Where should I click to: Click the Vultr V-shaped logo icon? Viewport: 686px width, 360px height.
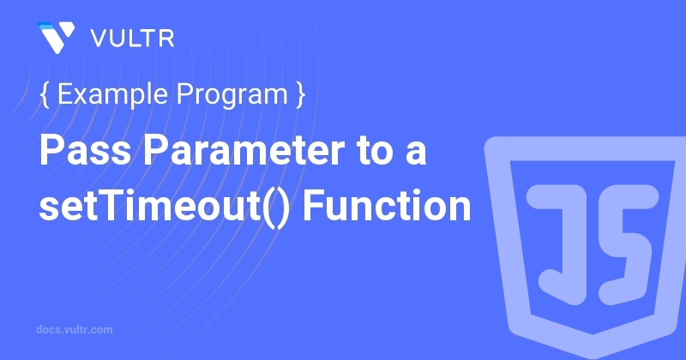coord(57,37)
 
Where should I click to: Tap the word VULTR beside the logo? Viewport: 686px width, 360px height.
coord(133,39)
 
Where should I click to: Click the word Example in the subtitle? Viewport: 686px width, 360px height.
coord(112,95)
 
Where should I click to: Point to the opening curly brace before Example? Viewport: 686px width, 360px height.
coord(45,94)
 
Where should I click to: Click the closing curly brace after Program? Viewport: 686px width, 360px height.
coord(300,94)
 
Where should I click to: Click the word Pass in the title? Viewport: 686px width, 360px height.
coord(85,150)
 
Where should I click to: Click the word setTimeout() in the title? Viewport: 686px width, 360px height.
coord(164,206)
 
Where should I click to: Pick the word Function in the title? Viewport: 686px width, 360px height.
coord(387,204)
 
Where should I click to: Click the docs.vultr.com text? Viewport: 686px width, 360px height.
coord(75,330)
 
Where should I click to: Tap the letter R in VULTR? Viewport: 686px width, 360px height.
coord(166,39)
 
